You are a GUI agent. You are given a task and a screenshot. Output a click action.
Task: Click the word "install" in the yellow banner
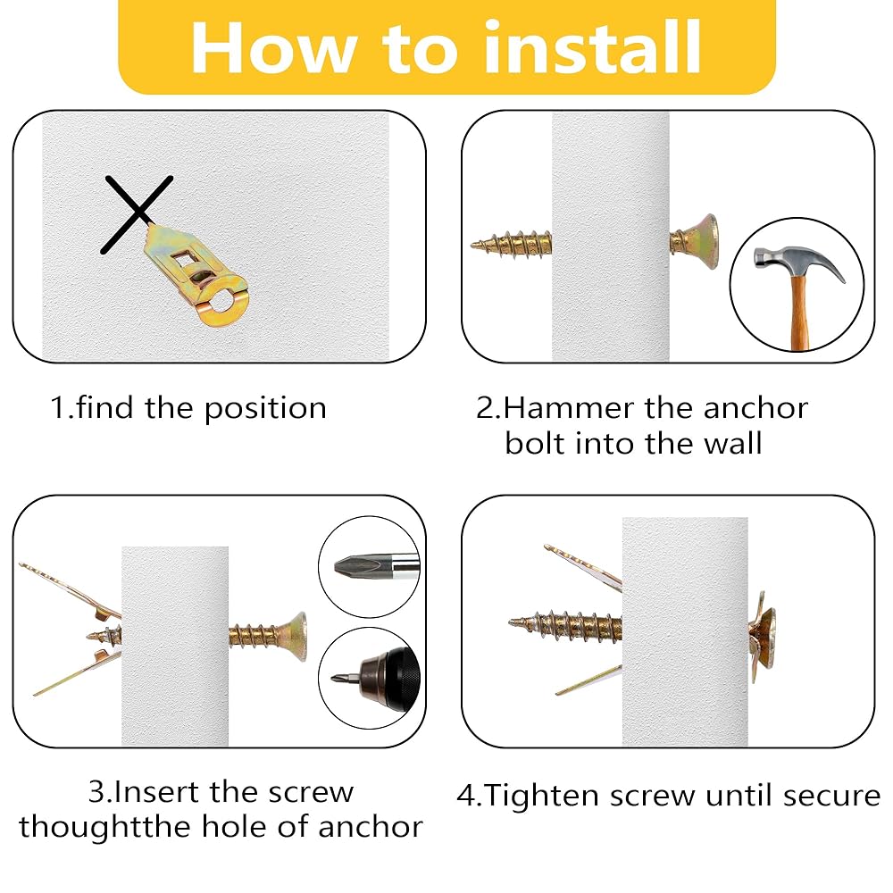[x=593, y=47]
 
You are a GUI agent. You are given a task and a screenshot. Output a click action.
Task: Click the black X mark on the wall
[x=137, y=214]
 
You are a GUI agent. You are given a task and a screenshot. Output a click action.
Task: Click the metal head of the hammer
[x=798, y=263]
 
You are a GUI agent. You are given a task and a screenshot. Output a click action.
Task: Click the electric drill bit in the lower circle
[x=345, y=679]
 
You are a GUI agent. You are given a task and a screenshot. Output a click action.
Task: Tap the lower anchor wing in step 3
[x=77, y=674]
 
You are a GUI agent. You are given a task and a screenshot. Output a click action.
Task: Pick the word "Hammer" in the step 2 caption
[x=570, y=408]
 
